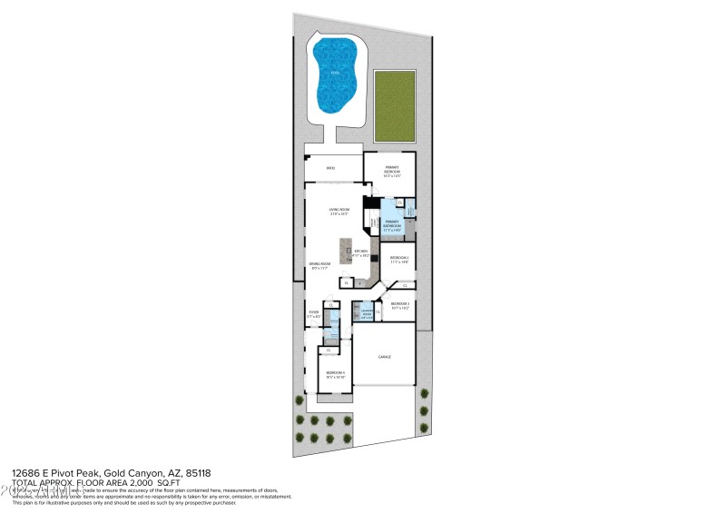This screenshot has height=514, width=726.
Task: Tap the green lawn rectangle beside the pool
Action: pyautogui.click(x=392, y=105)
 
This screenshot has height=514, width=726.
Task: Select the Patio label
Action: pyautogui.click(x=331, y=167)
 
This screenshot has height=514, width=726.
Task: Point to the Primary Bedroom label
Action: pyautogui.click(x=391, y=169)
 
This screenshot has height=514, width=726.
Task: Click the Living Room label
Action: pyautogui.click(x=339, y=212)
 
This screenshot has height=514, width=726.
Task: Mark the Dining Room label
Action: pyautogui.click(x=320, y=266)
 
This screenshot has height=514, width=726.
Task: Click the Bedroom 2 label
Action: pyautogui.click(x=399, y=259)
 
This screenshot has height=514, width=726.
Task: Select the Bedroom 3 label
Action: pyautogui.click(x=399, y=305)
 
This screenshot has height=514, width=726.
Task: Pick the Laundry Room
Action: pyautogui.click(x=366, y=313)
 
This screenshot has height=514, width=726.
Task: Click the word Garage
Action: pyautogui.click(x=384, y=357)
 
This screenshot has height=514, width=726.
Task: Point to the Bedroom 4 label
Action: pyautogui.click(x=335, y=373)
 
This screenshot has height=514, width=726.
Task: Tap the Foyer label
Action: pyautogui.click(x=314, y=315)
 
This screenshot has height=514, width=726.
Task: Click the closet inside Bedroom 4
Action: pyautogui.click(x=329, y=350)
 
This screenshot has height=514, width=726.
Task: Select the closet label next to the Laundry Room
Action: pyautogui.click(x=378, y=311)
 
